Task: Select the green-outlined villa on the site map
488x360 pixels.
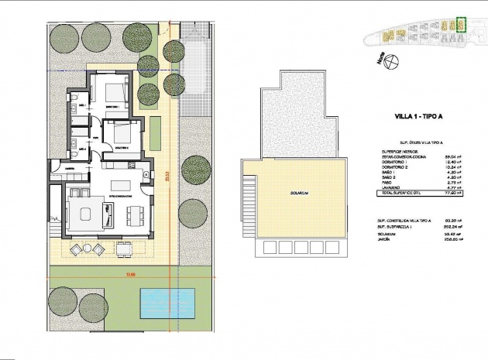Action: coord(462,24)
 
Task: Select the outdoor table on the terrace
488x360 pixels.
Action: coord(88,249)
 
